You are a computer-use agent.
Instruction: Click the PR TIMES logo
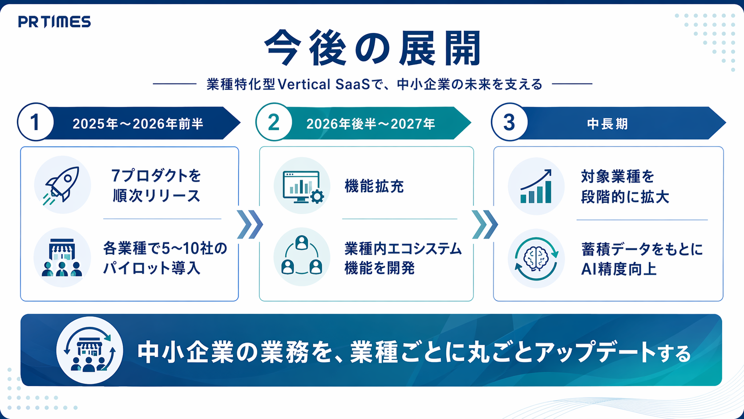click(54, 22)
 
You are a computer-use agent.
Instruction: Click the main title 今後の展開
click(372, 48)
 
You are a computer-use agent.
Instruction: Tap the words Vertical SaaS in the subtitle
click(323, 85)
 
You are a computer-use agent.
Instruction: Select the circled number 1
click(36, 122)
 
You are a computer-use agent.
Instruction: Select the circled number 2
click(274, 122)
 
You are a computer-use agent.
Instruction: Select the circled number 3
click(509, 122)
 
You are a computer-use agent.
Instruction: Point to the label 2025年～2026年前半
click(138, 124)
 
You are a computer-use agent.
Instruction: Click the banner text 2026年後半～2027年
click(371, 124)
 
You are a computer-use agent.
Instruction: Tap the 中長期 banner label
click(607, 124)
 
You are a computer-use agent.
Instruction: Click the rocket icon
click(62, 185)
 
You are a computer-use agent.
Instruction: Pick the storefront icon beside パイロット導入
click(62, 257)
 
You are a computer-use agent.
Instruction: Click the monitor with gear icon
click(303, 187)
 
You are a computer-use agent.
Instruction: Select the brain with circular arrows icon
click(536, 259)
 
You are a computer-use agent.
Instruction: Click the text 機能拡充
click(374, 186)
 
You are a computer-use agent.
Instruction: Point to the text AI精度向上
click(619, 269)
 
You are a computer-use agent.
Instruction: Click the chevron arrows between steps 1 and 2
click(250, 224)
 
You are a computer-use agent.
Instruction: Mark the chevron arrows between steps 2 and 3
click(485, 224)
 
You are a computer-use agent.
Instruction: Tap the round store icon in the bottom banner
click(89, 350)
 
